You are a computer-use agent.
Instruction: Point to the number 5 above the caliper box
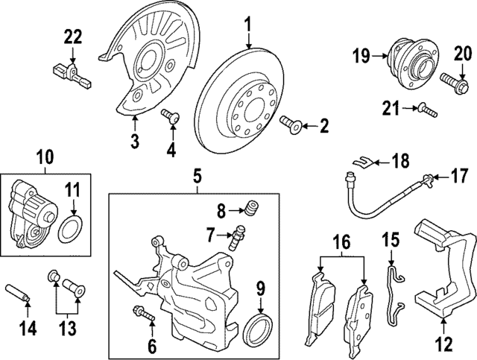(198, 177)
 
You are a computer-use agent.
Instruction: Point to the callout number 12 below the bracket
(443, 344)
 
